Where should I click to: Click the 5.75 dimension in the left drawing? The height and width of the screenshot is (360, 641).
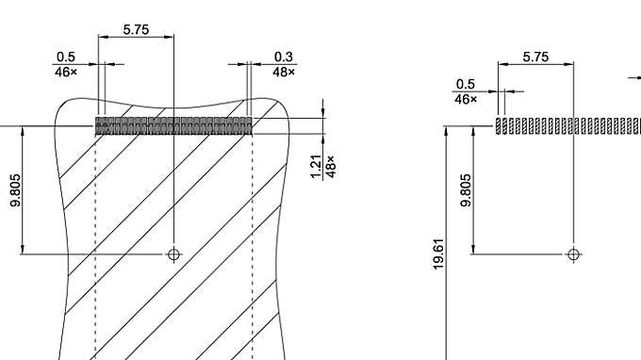136,30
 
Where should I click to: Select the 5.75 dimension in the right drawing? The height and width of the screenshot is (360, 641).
535,57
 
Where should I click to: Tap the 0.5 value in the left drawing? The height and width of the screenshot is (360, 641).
65,57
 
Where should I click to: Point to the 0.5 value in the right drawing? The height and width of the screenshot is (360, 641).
466,85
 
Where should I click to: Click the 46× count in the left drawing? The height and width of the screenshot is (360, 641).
65,72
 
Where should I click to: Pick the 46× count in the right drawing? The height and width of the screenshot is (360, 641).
466,99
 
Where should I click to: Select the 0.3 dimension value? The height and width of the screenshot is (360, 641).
284,57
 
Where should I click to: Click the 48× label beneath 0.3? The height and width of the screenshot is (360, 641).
284,72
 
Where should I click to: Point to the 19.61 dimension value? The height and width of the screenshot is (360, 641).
438,254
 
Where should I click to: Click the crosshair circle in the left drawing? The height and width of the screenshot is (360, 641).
173,254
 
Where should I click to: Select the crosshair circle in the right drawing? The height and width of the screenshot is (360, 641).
573,254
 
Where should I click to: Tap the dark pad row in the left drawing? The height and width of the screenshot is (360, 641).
173,125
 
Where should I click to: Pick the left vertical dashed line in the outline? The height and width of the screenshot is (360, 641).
95,245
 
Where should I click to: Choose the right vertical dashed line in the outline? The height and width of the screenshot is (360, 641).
252,245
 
